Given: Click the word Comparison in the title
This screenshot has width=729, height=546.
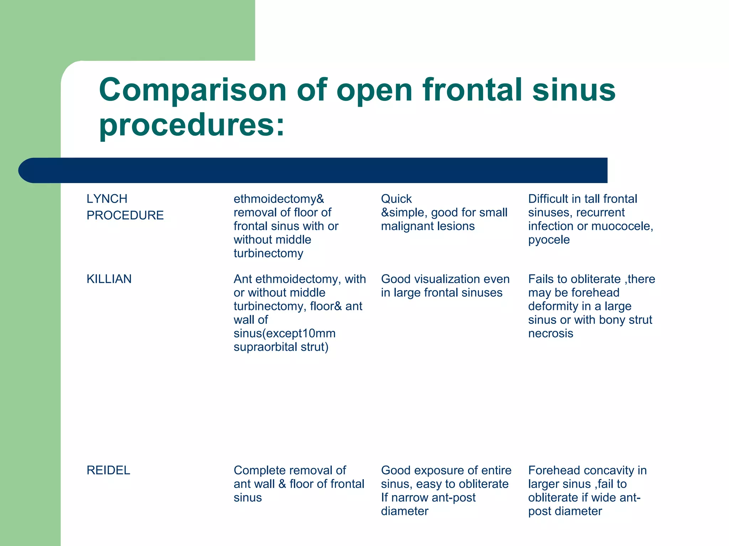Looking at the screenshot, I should [x=193, y=90].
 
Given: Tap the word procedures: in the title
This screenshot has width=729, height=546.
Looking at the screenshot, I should [x=192, y=125].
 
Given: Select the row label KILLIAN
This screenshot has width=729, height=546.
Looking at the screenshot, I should [x=109, y=279].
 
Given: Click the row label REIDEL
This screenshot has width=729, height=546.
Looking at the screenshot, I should [x=108, y=470].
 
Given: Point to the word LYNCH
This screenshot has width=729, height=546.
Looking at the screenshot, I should [x=107, y=199].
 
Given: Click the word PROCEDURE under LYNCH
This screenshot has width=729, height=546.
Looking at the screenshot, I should [x=125, y=215].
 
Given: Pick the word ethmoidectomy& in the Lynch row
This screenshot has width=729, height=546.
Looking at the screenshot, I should [x=279, y=199].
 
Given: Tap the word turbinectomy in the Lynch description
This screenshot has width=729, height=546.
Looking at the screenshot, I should [x=268, y=253].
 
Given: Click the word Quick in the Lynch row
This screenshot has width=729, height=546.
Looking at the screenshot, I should [x=396, y=199].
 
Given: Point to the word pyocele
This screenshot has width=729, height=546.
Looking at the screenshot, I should [x=549, y=240].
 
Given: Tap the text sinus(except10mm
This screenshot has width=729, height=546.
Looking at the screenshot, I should [x=284, y=333].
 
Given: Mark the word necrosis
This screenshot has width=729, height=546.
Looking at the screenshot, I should [x=550, y=333].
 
